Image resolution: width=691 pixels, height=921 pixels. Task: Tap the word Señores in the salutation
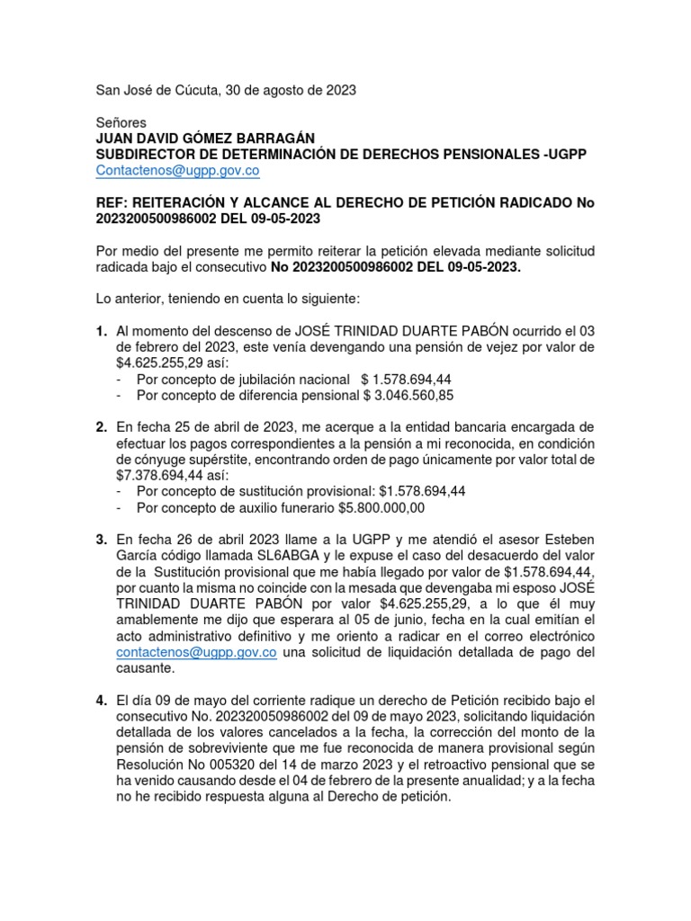click(x=121, y=122)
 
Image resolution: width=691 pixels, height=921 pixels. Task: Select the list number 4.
click(x=102, y=700)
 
